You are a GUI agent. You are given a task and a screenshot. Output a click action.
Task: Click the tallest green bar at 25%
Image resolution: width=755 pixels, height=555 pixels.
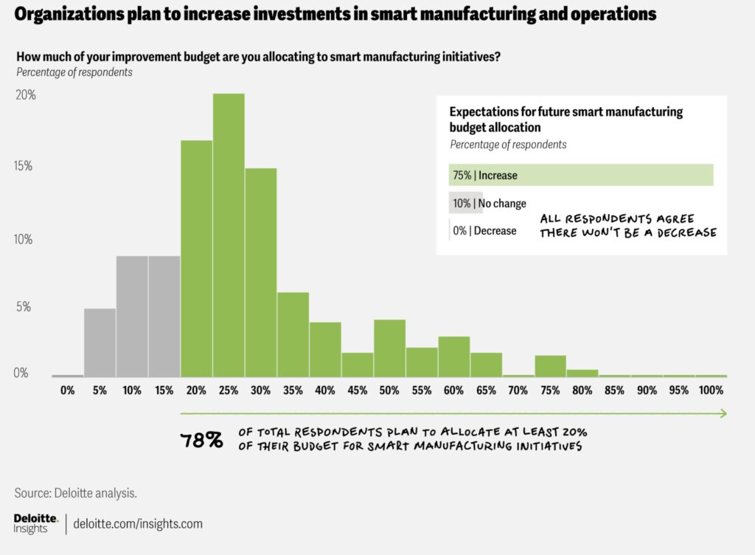click(229, 235)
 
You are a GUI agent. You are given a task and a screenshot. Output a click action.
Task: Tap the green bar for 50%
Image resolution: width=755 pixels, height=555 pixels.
click(389, 348)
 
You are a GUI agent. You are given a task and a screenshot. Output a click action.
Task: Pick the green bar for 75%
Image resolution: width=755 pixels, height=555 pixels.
click(550, 366)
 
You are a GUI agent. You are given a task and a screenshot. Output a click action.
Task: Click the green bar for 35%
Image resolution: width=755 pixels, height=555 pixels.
click(293, 334)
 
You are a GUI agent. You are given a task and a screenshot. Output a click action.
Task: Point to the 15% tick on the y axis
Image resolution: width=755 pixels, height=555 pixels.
click(23, 167)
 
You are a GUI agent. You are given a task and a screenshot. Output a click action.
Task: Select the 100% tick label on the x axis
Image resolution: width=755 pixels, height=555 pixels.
click(711, 390)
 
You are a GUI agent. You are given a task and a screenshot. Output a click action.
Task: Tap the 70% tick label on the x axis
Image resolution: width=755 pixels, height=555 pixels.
click(518, 390)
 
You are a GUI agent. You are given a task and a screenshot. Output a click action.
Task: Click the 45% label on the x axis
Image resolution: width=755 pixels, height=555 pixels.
click(357, 390)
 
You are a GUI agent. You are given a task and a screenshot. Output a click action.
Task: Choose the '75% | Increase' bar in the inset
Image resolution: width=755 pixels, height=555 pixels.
click(581, 175)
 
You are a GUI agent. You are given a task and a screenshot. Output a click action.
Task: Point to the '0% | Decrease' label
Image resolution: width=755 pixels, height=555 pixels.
click(484, 230)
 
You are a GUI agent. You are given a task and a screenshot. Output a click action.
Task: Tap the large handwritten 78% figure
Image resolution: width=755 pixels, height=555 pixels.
click(202, 441)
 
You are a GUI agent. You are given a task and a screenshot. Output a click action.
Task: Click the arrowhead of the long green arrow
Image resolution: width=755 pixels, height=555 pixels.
click(724, 413)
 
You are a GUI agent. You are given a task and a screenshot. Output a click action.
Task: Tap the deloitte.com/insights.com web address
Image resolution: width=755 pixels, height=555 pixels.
click(138, 524)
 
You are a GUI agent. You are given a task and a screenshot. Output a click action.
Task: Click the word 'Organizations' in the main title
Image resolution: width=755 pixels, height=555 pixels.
click(71, 13)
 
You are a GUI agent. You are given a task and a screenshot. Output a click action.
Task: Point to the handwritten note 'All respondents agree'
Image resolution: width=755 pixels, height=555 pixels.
click(616, 219)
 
